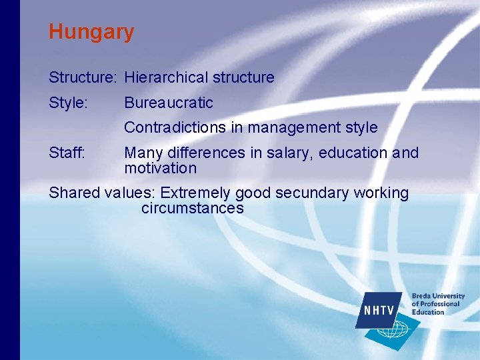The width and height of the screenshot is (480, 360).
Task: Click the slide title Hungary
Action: pyautogui.click(x=91, y=32)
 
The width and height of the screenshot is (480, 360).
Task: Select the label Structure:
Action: pyautogui.click(x=83, y=77)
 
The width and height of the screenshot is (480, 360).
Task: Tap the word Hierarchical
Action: pyautogui.click(x=166, y=77)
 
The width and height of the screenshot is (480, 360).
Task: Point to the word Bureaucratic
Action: pyautogui.click(x=169, y=103)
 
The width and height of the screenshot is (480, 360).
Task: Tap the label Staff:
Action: pyautogui.click(x=67, y=153)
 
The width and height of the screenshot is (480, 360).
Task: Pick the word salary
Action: pyautogui.click(x=290, y=153)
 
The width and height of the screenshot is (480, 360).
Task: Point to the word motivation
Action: pyautogui.click(x=160, y=168)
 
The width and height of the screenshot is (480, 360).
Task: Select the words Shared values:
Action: pyautogui.click(x=102, y=193)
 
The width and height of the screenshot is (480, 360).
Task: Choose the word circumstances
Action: pyautogui.click(x=192, y=208)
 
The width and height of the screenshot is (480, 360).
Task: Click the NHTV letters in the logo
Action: pyautogui.click(x=379, y=311)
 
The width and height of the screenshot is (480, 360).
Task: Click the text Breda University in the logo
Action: pyautogui.click(x=438, y=296)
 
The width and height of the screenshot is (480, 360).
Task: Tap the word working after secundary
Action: pyautogui.click(x=383, y=193)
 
